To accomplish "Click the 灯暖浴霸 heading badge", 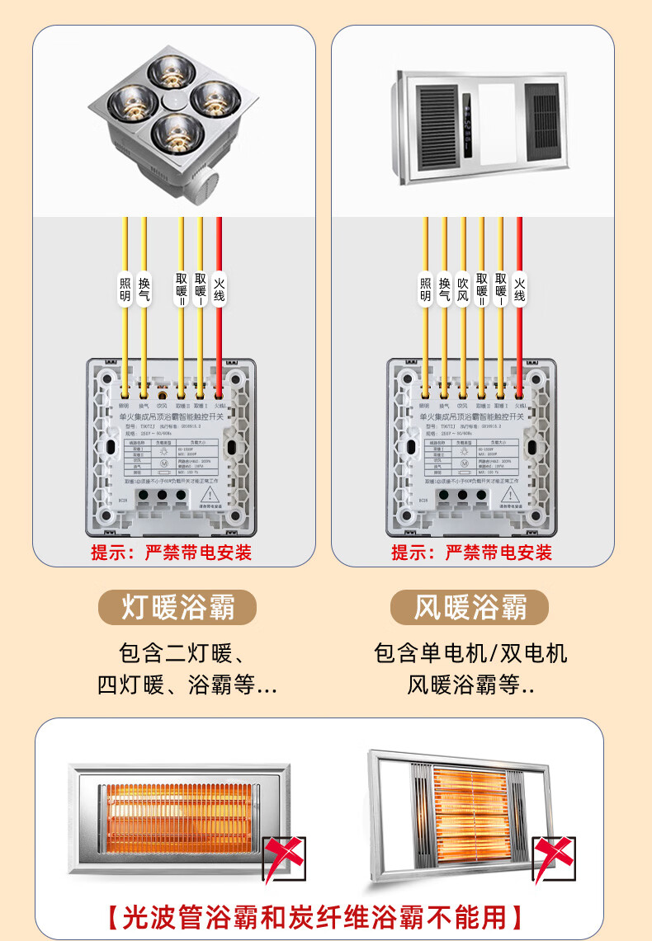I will pos(177,608).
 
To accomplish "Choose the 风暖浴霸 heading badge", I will pos(470,608).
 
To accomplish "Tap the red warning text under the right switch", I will pos(471,552).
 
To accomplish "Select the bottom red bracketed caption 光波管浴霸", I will pos(314,917).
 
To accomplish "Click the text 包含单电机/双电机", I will pos(470,654).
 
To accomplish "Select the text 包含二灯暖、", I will pos(181,654).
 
